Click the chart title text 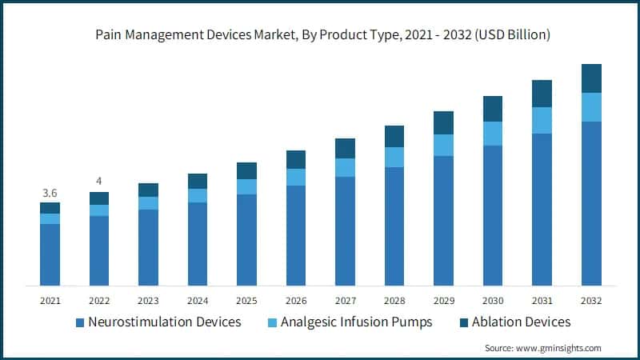(x=320, y=35)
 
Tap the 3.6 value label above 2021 (x=50, y=193)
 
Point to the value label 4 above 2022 (x=99, y=181)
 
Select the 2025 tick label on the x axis (x=246, y=301)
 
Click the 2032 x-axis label (x=591, y=301)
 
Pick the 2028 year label (x=394, y=301)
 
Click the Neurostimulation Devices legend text (x=165, y=322)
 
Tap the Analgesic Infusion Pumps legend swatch (x=274, y=322)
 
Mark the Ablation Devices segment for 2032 (x=591, y=78)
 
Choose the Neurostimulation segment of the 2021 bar (x=50, y=254)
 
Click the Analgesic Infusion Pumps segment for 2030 (x=493, y=134)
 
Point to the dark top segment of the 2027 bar (x=345, y=148)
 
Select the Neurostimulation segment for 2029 (x=444, y=220)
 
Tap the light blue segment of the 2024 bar (x=198, y=195)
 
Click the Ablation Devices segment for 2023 (x=148, y=190)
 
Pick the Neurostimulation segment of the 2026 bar (x=296, y=235)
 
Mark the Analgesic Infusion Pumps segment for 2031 (x=542, y=120)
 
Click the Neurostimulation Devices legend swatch (x=80, y=322)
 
